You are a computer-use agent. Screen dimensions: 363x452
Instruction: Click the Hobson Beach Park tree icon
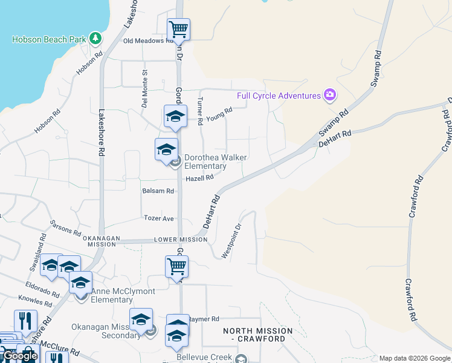(x=95, y=39)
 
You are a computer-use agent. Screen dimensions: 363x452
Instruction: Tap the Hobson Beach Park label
(x=50, y=39)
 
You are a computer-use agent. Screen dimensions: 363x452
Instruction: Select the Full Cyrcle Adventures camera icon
(x=329, y=94)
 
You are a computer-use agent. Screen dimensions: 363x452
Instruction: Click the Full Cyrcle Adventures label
(x=279, y=96)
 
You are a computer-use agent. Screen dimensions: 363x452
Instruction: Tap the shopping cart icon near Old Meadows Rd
(x=178, y=29)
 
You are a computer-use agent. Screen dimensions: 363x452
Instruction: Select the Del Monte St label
(x=144, y=89)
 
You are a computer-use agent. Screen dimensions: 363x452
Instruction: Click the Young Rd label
(x=219, y=114)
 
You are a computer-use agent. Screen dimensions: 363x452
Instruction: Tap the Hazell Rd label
(x=199, y=178)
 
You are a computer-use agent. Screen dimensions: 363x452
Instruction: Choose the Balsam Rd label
(x=158, y=191)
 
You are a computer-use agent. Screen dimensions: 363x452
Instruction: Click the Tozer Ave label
(x=159, y=218)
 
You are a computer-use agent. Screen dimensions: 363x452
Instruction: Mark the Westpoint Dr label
(x=231, y=241)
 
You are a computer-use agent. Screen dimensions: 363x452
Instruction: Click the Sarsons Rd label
(x=65, y=228)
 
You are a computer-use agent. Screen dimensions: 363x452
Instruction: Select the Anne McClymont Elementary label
(x=123, y=295)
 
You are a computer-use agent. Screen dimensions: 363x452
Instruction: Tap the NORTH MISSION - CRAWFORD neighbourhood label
(x=257, y=335)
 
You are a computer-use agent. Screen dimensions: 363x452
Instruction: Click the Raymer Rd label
(x=204, y=319)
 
